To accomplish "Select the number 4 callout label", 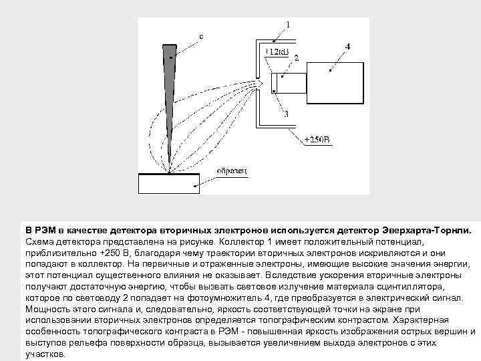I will pyautogui.click(x=347, y=46).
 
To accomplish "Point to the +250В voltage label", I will pyautogui.click(x=317, y=140).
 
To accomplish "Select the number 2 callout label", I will pyautogui.click(x=296, y=59).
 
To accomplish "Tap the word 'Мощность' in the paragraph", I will pyautogui.click(x=47, y=309).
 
